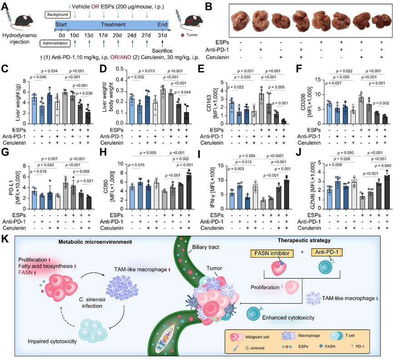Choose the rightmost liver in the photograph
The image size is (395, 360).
pyautogui.click(x=381, y=20)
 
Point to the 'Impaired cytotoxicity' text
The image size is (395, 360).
pyautogui.click(x=52, y=341)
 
